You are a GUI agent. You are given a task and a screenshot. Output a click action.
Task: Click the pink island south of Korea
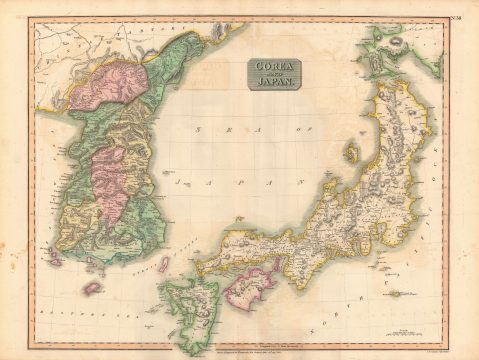[93, 288]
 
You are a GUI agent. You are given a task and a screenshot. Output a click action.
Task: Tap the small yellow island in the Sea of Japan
[351, 153]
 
